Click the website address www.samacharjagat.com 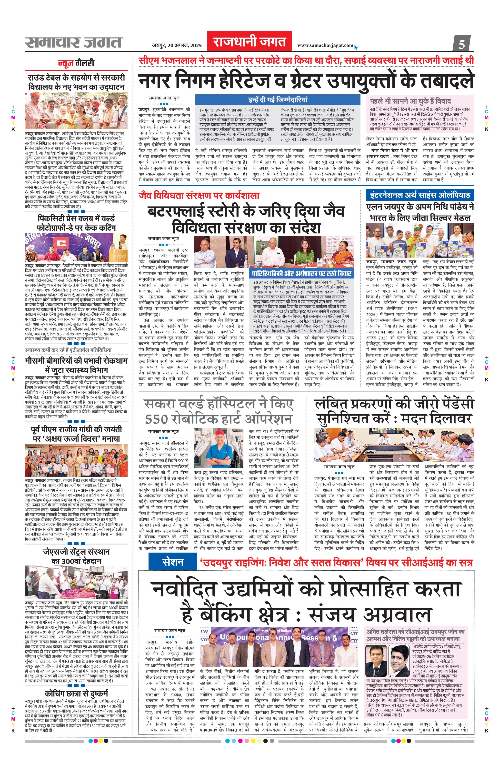coord(325,45)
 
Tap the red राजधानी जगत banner coord(249,42)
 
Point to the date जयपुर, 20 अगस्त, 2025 coord(177,45)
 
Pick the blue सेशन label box coord(173,562)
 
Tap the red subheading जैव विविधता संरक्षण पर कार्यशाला coord(199,195)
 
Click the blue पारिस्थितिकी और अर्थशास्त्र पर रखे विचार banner coord(302,273)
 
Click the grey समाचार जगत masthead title coord(74,42)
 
